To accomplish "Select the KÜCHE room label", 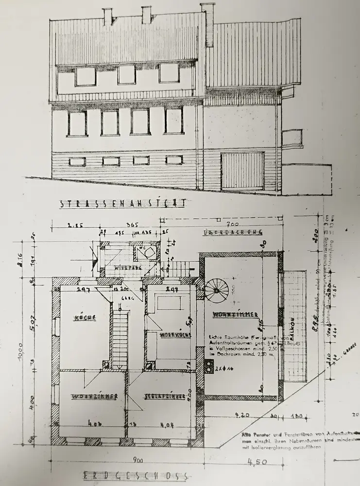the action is (83, 318).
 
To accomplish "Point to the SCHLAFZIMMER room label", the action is (165, 397).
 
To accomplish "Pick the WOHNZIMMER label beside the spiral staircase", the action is (235, 315).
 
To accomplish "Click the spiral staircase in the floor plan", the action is (216, 291).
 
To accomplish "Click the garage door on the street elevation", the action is (242, 171).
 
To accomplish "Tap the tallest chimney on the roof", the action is (208, 24).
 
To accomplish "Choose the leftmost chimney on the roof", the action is (107, 17).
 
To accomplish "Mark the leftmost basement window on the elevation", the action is (77, 161).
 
